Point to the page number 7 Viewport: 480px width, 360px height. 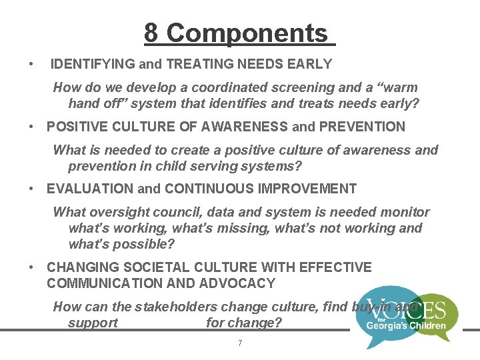click(x=240, y=343)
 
